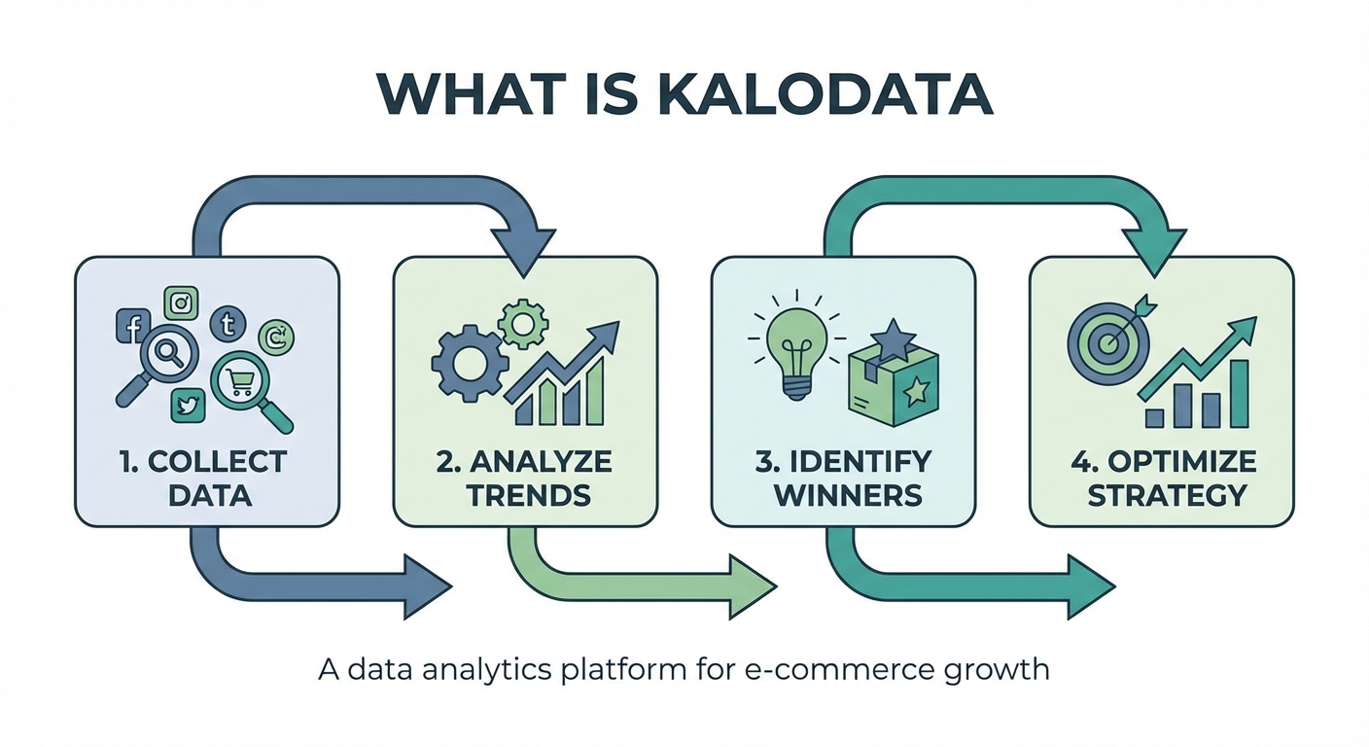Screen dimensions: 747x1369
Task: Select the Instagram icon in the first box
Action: [x=181, y=303]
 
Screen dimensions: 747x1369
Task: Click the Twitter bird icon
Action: [x=187, y=405]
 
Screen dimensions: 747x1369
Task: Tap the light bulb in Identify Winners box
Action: [x=797, y=350]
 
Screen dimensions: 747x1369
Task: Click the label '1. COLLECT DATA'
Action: [x=207, y=477]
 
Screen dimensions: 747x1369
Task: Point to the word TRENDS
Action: [x=529, y=494]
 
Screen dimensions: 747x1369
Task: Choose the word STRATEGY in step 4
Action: [x=1166, y=494]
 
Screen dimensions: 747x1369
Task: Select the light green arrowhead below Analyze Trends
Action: [x=750, y=587]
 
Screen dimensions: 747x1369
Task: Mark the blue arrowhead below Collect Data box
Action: [x=426, y=587]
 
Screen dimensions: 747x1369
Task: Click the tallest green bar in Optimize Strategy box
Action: [x=1238, y=394]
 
